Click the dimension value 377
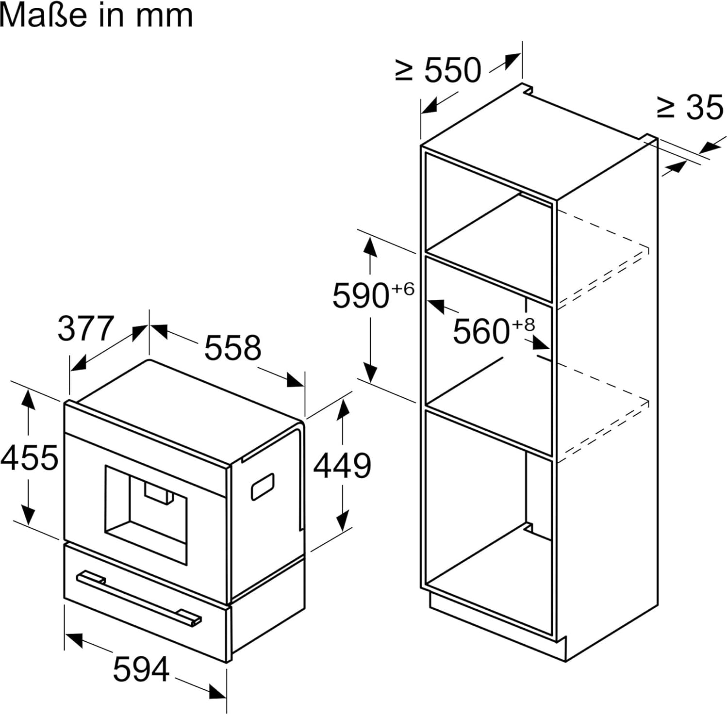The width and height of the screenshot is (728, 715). pos(85,328)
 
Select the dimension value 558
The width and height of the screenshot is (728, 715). pos(232,347)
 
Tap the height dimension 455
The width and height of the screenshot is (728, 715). pos(29,457)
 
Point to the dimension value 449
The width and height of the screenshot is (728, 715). pos(342,466)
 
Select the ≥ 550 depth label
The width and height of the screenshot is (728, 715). pos(438,70)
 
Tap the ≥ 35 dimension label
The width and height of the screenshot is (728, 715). pos(690,107)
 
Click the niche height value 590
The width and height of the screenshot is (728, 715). pos(361,295)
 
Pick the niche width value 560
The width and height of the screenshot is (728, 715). pos(481,332)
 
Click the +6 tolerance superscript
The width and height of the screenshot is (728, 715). pos(403,289)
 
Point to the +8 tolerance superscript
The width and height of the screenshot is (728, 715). pos(523,324)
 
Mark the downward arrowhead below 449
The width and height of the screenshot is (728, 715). pos(343,521)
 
